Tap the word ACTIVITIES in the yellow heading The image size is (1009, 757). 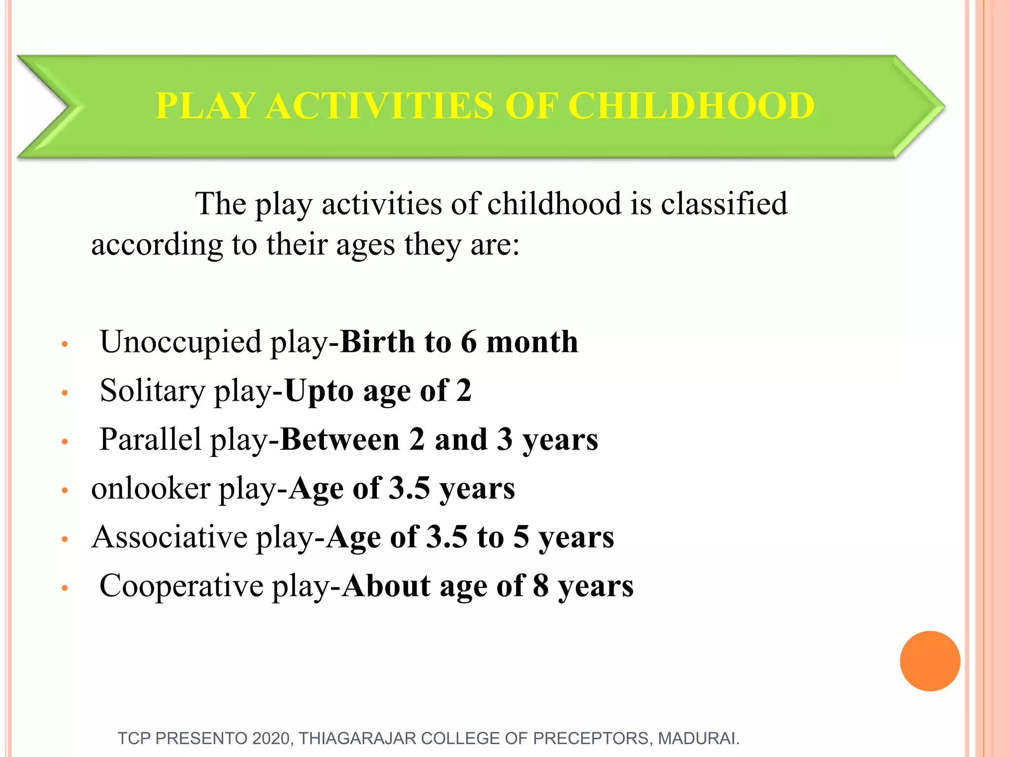(379, 106)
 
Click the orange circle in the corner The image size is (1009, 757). (930, 661)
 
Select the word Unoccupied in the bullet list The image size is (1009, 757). (180, 342)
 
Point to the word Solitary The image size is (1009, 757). (152, 391)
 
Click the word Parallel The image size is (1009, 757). (150, 439)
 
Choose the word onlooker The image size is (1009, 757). (151, 488)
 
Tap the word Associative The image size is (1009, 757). (169, 537)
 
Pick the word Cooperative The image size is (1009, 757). (181, 586)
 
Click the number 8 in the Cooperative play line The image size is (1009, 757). (540, 586)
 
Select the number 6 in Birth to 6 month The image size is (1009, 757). (469, 342)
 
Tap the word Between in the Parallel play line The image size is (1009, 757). (339, 439)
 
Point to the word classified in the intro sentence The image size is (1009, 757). (724, 203)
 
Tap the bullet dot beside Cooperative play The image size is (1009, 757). (64, 588)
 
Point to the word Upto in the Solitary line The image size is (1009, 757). (319, 391)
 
